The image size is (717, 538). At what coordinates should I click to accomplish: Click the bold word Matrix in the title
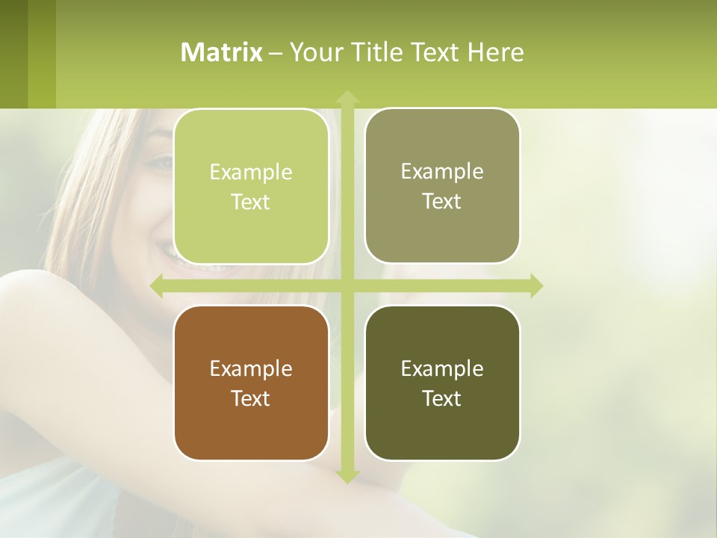(x=222, y=52)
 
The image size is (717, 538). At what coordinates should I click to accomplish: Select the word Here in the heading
(x=496, y=52)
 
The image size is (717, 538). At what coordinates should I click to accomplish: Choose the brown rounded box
(x=251, y=433)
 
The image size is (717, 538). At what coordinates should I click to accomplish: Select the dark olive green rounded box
(x=442, y=433)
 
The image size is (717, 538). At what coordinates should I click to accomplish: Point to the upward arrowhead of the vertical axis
(x=347, y=97)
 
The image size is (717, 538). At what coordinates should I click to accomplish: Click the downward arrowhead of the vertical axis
(x=347, y=476)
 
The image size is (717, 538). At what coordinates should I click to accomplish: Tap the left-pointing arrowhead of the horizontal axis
(x=158, y=285)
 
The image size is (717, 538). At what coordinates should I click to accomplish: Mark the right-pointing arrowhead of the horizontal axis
(x=536, y=285)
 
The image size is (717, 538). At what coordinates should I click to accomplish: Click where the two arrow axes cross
(x=347, y=285)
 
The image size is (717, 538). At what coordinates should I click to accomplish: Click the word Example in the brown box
(x=251, y=368)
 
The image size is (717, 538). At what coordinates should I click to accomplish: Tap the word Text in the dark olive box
(x=442, y=398)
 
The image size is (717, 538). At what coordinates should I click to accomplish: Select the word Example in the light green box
(x=251, y=172)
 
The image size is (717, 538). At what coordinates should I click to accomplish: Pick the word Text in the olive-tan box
(x=442, y=202)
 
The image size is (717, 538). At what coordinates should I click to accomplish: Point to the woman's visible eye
(x=160, y=161)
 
